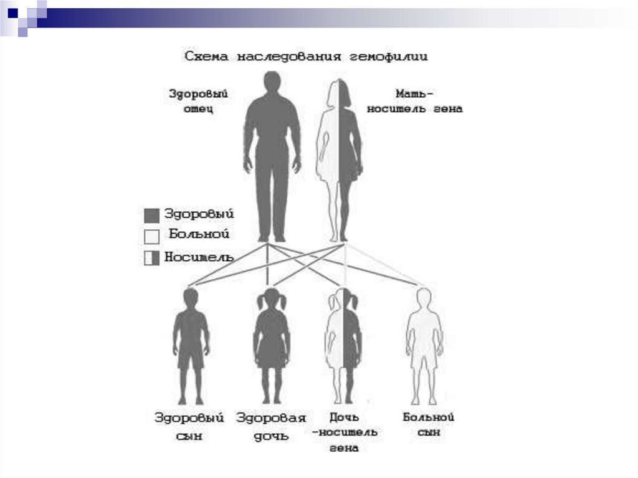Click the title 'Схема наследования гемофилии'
pos(306,57)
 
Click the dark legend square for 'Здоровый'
pos(152,216)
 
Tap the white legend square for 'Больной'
pos(152,236)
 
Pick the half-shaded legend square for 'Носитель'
pos(152,257)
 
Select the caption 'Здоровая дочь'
pos(271,426)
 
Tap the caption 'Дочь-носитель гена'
pos(345,431)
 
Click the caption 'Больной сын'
pos(428,424)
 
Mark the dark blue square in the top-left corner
pos(12,11)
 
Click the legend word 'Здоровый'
pos(199,214)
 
